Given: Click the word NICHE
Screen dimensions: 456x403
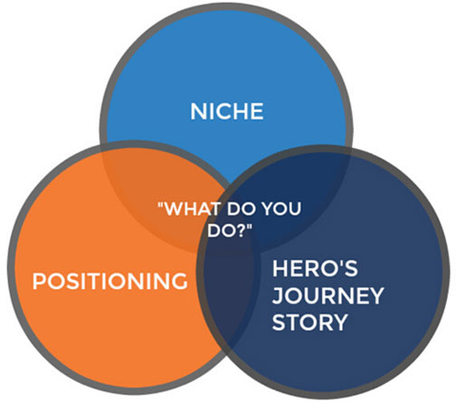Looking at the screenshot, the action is [227, 111].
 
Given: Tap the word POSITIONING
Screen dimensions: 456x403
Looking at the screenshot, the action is [109, 281].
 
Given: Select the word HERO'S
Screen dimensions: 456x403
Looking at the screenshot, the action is [315, 268].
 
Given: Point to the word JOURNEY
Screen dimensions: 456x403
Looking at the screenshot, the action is [328, 295].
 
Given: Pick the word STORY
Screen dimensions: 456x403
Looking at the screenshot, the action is [309, 323].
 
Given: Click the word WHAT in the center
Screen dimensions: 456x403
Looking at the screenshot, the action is [194, 209].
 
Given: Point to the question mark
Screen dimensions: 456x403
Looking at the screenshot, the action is [242, 230].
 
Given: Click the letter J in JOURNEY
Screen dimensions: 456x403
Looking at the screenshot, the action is [278, 295].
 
